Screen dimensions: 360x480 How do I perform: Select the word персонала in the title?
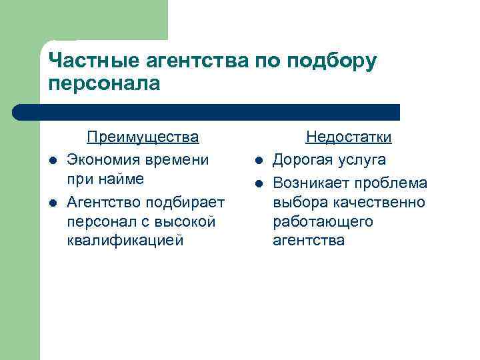click(105, 83)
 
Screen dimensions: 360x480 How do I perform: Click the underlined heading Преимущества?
click(143, 137)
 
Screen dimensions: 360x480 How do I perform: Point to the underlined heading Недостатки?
click(348, 137)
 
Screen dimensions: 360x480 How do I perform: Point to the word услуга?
click(363, 160)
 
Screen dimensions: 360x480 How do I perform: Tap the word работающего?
click(323, 221)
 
